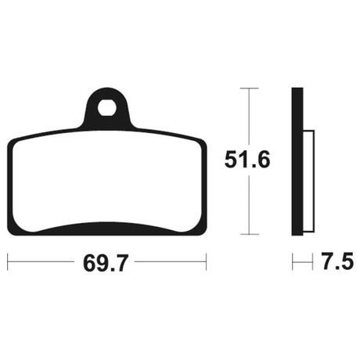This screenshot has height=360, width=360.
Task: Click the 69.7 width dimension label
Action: [106, 263]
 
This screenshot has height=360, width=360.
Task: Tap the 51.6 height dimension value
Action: [247, 160]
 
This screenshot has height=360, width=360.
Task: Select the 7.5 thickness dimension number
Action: [337, 261]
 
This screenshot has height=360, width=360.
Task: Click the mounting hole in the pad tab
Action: [106, 107]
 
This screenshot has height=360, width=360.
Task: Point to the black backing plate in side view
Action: [297, 161]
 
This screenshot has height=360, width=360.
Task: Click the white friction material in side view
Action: [309, 181]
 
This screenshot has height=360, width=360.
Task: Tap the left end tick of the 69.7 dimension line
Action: [8, 261]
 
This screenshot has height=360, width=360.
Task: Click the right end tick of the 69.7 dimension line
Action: [206, 261]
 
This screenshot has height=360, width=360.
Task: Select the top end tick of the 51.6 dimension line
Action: [249, 88]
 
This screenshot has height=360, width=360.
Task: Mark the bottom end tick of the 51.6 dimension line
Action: [250, 234]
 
